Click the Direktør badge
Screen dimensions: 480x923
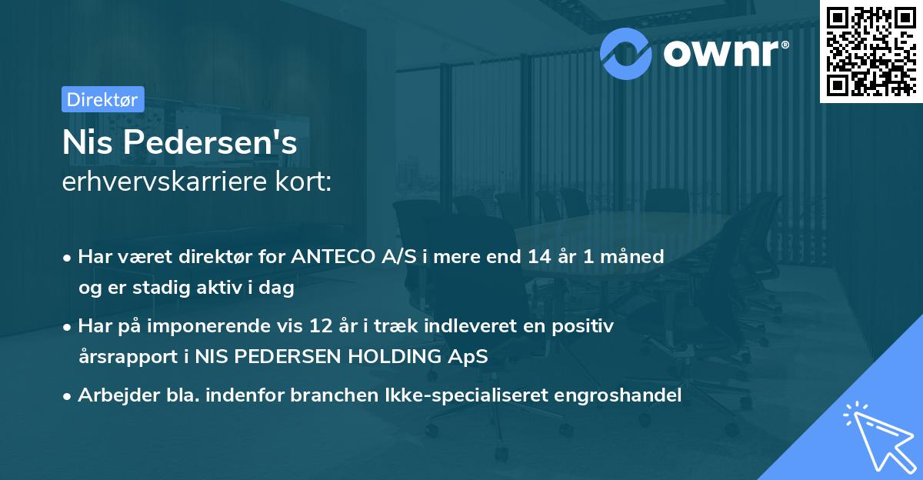click(102, 99)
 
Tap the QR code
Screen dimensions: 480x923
click(870, 50)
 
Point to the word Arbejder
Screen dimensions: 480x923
click(114, 395)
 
